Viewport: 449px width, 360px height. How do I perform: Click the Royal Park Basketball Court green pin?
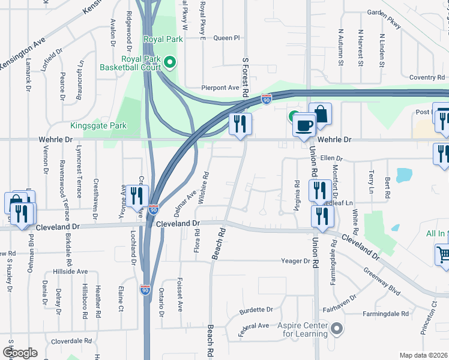170,61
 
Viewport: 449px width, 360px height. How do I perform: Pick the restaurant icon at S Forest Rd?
240,124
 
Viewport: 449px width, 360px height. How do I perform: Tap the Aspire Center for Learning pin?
337,329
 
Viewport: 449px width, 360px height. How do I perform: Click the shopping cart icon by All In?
442,254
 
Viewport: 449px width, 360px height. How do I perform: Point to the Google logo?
19,353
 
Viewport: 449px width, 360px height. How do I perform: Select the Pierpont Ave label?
220,88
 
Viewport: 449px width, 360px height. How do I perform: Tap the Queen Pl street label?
226,38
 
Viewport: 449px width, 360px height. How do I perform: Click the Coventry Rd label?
427,77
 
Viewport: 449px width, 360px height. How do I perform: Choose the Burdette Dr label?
256,310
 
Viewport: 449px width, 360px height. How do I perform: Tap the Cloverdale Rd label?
71,340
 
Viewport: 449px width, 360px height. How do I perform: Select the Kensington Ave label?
23,53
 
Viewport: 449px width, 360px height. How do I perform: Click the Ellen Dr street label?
331,158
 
